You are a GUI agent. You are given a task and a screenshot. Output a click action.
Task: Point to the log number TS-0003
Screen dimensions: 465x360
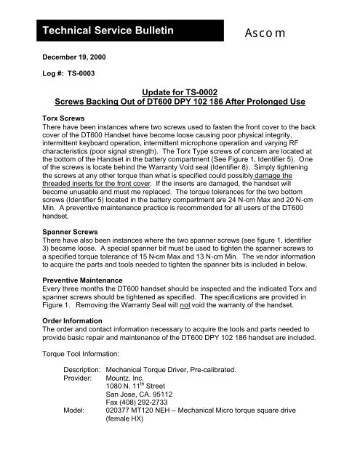click(63, 74)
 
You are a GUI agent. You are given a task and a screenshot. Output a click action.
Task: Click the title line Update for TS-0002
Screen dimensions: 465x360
click(179, 94)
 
